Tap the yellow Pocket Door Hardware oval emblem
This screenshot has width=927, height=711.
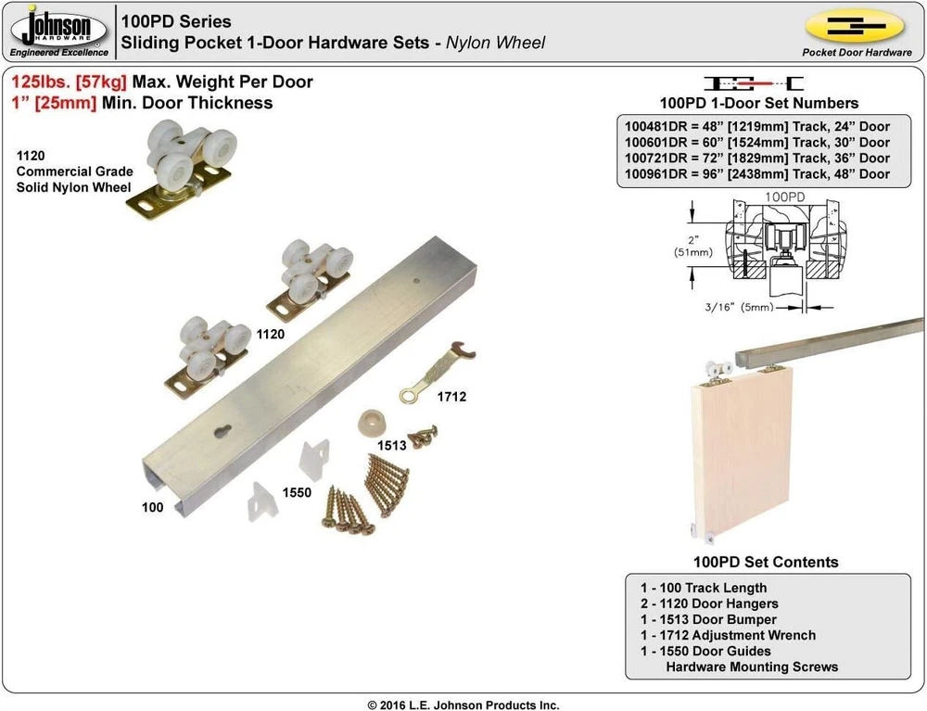[x=856, y=26]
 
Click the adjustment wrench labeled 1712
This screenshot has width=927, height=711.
[x=438, y=373]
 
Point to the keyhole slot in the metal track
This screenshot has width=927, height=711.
[x=222, y=431]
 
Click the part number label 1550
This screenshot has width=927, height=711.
[x=297, y=492]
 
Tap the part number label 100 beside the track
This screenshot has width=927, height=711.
[x=153, y=507]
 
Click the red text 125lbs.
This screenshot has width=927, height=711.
[x=41, y=82]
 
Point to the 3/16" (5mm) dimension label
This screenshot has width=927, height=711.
[x=739, y=307]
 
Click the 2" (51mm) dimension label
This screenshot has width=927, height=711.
[x=692, y=246]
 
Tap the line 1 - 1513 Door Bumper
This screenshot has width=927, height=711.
[x=708, y=619]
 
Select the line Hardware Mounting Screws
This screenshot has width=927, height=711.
[x=752, y=667]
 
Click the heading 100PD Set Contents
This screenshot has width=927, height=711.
[x=766, y=562]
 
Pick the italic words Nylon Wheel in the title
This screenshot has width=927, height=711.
[x=495, y=43]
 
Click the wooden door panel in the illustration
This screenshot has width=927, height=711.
[x=742, y=450]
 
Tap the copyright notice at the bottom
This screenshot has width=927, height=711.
[x=463, y=705]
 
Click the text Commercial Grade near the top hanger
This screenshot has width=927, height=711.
[x=74, y=171]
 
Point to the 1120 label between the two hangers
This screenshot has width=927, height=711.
[x=270, y=335]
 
